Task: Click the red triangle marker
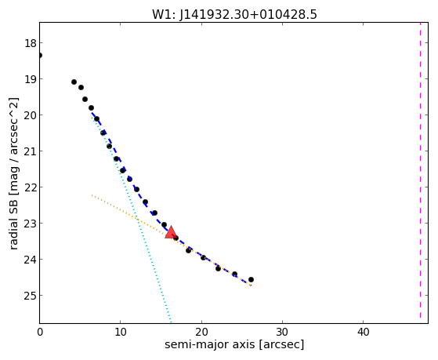[x=171, y=232]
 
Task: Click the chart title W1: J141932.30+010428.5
[x=234, y=15]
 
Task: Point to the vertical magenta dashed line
[x=420, y=171]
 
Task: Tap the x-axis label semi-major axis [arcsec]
[x=234, y=344]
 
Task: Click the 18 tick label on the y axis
[x=30, y=43]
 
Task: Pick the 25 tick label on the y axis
[x=30, y=296]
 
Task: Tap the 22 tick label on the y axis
[x=30, y=187]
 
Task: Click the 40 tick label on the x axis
[x=363, y=332]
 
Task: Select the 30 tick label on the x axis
[x=282, y=332]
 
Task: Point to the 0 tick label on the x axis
[x=40, y=332]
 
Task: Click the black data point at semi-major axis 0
[x=40, y=56]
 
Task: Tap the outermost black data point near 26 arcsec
[x=251, y=279]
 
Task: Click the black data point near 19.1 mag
[x=74, y=82]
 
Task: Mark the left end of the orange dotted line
[x=92, y=195]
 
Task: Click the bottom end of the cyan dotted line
[x=170, y=322]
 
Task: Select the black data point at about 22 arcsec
[x=218, y=268]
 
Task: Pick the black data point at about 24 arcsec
[x=234, y=275]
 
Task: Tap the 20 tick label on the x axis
[x=201, y=332]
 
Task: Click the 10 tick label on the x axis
[x=121, y=332]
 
